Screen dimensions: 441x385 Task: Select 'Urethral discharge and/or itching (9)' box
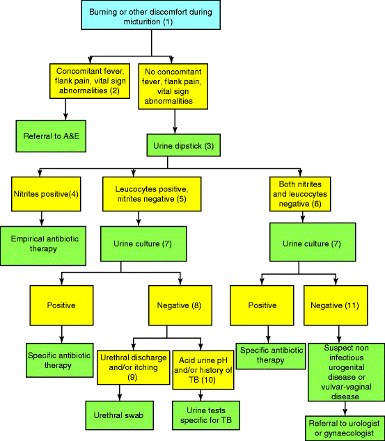pos(132,367)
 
